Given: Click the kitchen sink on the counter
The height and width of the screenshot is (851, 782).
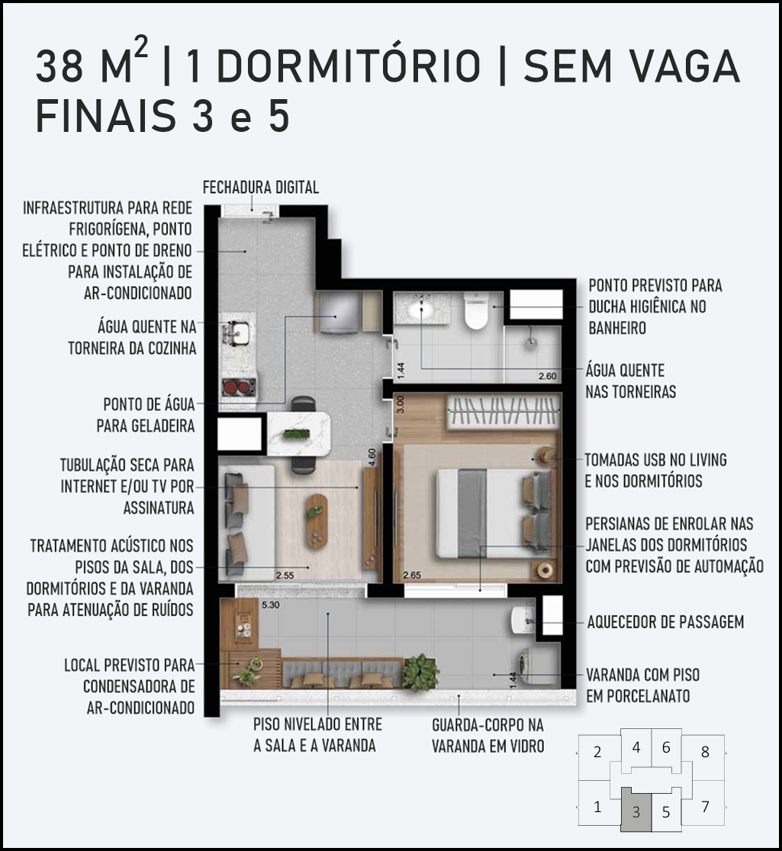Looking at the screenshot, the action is click(x=237, y=332).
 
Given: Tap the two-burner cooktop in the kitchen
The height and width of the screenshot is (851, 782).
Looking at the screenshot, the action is click(x=238, y=387).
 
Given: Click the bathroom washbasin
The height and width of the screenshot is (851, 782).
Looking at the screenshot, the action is click(x=421, y=311).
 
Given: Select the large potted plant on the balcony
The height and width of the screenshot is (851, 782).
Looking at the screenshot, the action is click(x=420, y=671).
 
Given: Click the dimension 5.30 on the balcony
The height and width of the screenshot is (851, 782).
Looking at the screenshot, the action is click(x=270, y=604).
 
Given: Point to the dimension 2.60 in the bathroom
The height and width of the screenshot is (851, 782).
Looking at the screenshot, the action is click(x=548, y=376).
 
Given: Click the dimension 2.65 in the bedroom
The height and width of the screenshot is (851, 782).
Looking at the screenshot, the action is click(x=412, y=575).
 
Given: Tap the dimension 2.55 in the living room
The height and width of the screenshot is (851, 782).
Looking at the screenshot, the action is click(x=285, y=575).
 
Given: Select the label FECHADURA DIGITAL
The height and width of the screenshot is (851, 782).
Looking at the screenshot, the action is click(x=261, y=188).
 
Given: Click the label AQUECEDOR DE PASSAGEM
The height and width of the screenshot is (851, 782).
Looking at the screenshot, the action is click(x=665, y=622).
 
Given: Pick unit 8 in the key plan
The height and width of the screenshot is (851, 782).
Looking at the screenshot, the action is click(x=705, y=752).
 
